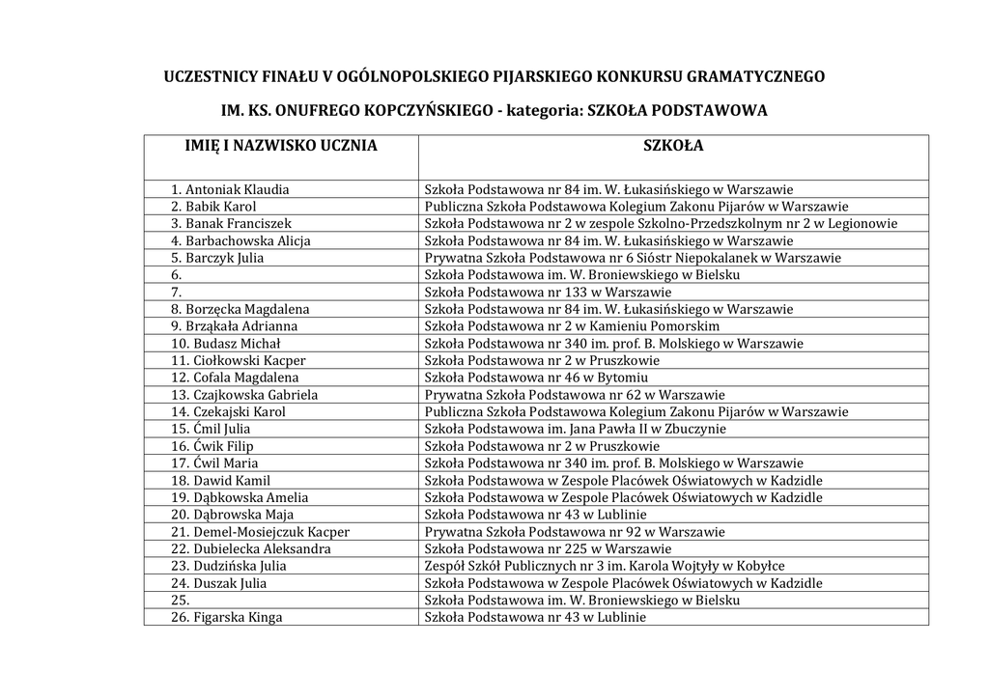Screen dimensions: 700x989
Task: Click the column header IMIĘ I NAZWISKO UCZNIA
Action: coord(281,147)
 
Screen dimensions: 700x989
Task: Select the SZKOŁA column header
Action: coord(673,147)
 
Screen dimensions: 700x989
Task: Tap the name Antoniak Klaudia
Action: coord(237,189)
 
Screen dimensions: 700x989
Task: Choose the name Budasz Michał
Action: coord(237,344)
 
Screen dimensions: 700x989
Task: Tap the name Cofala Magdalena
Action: coord(245,378)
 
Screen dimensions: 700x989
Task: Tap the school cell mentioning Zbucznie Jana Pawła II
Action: coord(575,429)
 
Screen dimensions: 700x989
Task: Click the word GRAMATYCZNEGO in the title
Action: coord(750,75)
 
